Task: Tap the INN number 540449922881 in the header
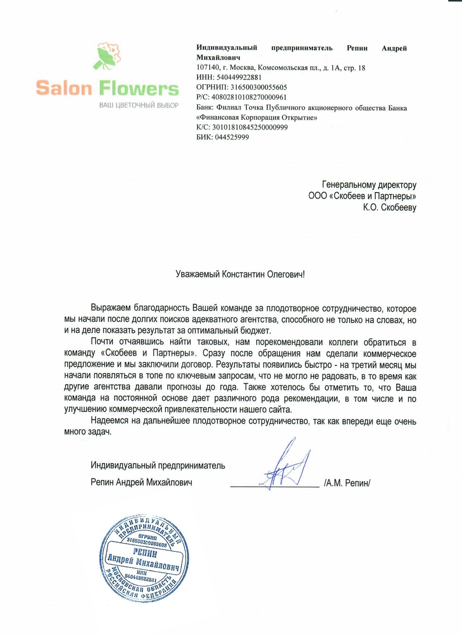tap(239, 77)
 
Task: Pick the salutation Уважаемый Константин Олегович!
tap(240, 274)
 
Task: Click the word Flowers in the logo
tap(140, 89)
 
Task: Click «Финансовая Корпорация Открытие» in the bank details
tap(257, 117)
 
